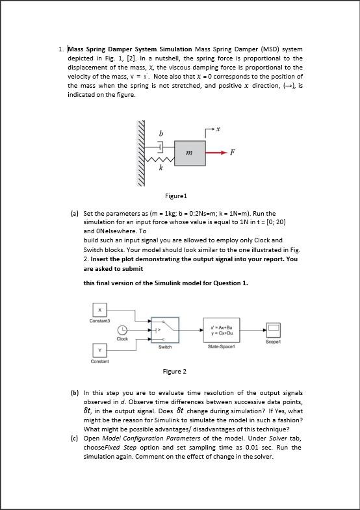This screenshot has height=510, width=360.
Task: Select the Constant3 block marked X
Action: point(99,309)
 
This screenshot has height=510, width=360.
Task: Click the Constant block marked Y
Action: point(99,351)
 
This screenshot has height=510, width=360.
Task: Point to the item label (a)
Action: point(75,213)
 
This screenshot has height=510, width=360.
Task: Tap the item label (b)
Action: point(75,393)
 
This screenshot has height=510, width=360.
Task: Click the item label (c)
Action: point(75,439)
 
